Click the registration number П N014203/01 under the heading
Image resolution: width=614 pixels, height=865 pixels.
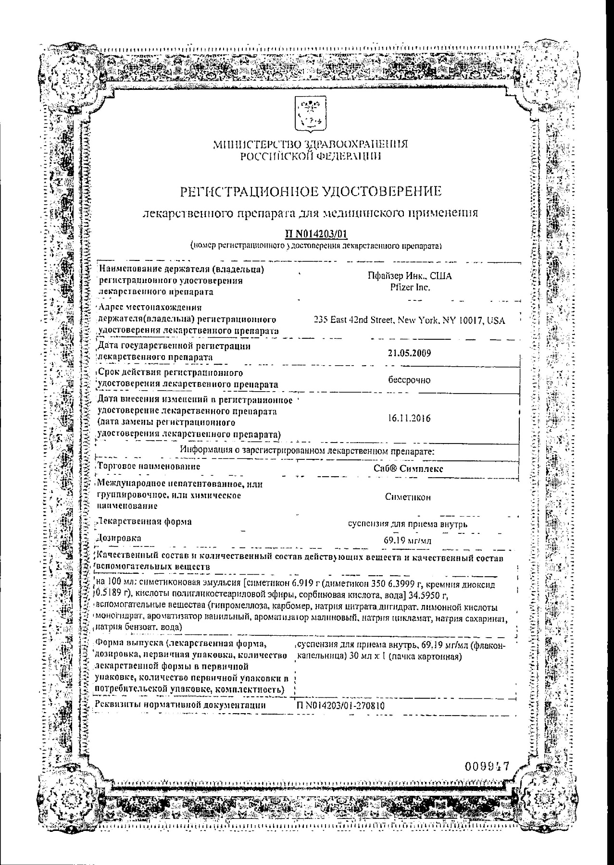[316, 235]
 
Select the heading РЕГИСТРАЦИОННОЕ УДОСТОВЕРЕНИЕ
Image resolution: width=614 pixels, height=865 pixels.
[311, 192]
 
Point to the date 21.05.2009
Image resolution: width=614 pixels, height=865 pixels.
[409, 353]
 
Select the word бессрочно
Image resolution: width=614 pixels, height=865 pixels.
[409, 380]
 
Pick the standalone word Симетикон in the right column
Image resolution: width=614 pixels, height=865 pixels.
[408, 497]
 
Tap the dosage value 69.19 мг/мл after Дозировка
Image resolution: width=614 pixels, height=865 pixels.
[407, 541]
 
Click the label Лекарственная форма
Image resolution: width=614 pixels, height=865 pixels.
[144, 521]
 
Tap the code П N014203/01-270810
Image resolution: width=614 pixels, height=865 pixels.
[341, 705]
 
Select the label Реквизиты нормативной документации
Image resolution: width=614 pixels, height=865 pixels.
[181, 705]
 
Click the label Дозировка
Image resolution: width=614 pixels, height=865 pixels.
[119, 538]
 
